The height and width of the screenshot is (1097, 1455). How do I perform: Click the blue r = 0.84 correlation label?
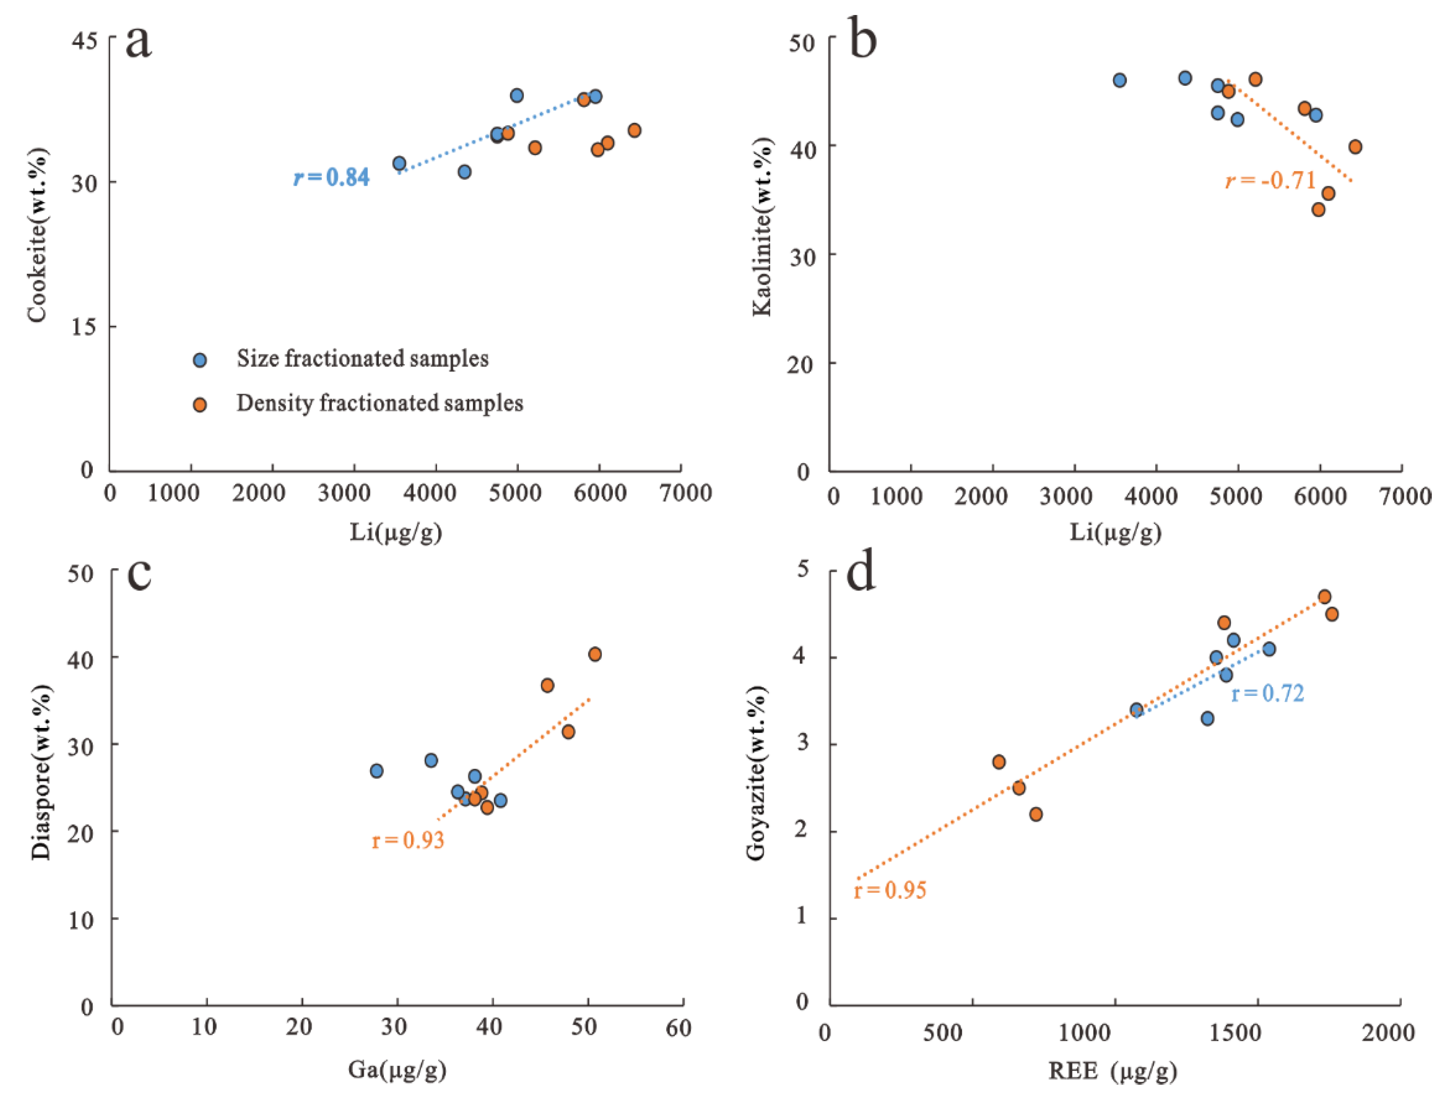(x=331, y=177)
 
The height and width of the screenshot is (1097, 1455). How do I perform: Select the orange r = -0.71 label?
(x=1270, y=180)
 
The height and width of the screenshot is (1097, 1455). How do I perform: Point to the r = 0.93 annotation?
(x=408, y=840)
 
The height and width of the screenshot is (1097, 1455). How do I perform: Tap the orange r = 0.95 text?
(x=890, y=890)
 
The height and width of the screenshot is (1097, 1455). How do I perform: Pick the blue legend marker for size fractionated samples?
(x=199, y=360)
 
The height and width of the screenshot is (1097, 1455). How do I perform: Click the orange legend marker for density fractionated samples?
(x=199, y=404)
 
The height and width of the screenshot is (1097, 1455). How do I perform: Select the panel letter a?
(x=138, y=41)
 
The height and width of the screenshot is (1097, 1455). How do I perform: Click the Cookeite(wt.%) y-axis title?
(x=37, y=235)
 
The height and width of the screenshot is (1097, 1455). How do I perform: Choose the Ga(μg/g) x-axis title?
(x=397, y=1069)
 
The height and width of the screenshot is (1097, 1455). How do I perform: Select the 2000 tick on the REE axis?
(x=1388, y=1032)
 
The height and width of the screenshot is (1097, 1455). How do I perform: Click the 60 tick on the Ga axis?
(x=678, y=1028)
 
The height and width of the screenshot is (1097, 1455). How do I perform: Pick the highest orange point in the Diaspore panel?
(x=595, y=654)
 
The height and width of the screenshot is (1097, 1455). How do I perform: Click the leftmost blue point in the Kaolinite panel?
(x=1119, y=80)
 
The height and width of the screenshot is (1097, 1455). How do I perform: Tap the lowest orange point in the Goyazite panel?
(x=1036, y=814)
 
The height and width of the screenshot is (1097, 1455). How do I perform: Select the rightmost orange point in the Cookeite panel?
(x=634, y=130)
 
